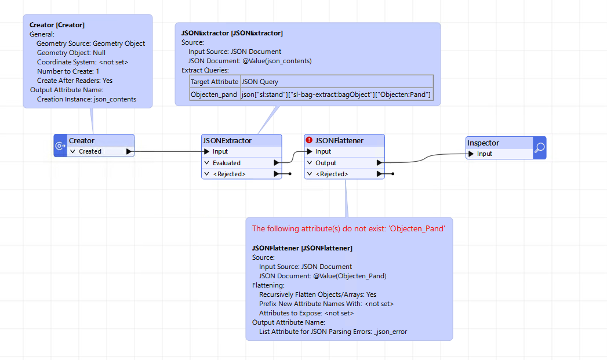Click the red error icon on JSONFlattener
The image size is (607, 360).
pos(309,140)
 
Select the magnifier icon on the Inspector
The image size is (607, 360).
pos(539,147)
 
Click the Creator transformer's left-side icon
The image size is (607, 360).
pos(60,146)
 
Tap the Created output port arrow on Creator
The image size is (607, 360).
pos(129,151)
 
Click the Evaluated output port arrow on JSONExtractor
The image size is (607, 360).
pos(277,163)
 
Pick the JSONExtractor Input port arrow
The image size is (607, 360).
pos(207,151)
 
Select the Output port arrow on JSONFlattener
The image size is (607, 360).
pos(379,163)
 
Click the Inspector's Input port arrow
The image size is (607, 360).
pos(471,154)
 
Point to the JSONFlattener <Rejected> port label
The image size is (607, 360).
pos(332,174)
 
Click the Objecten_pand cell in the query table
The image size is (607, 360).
pos(214,94)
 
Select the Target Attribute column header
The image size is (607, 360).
pos(215,82)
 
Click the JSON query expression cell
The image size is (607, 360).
pos(336,94)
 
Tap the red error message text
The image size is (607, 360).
pos(348,229)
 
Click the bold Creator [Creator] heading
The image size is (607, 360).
pos(57,25)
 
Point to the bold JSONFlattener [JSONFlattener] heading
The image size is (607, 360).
pos(302,248)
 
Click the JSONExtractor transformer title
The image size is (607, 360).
pos(227,140)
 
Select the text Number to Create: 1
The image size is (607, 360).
pos(68,71)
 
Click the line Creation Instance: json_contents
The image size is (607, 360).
pos(87,99)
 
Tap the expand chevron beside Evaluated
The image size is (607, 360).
pos(207,163)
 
